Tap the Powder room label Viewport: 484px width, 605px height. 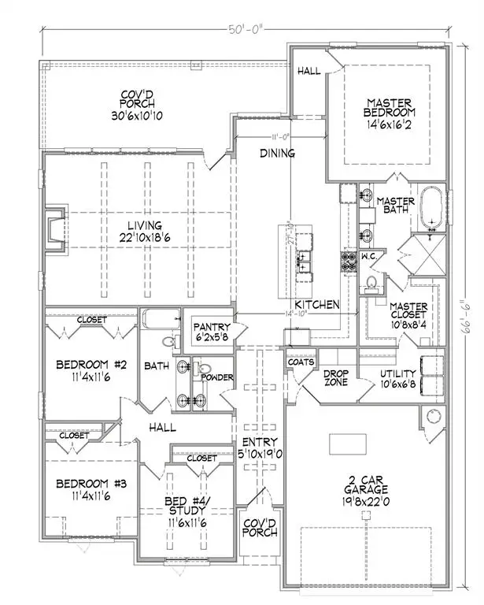pos(217,377)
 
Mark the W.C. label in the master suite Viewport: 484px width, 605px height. pos(369,255)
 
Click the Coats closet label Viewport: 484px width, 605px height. pos(302,362)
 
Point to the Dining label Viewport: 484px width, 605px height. pos(279,154)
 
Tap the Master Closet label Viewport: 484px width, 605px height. pos(408,312)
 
